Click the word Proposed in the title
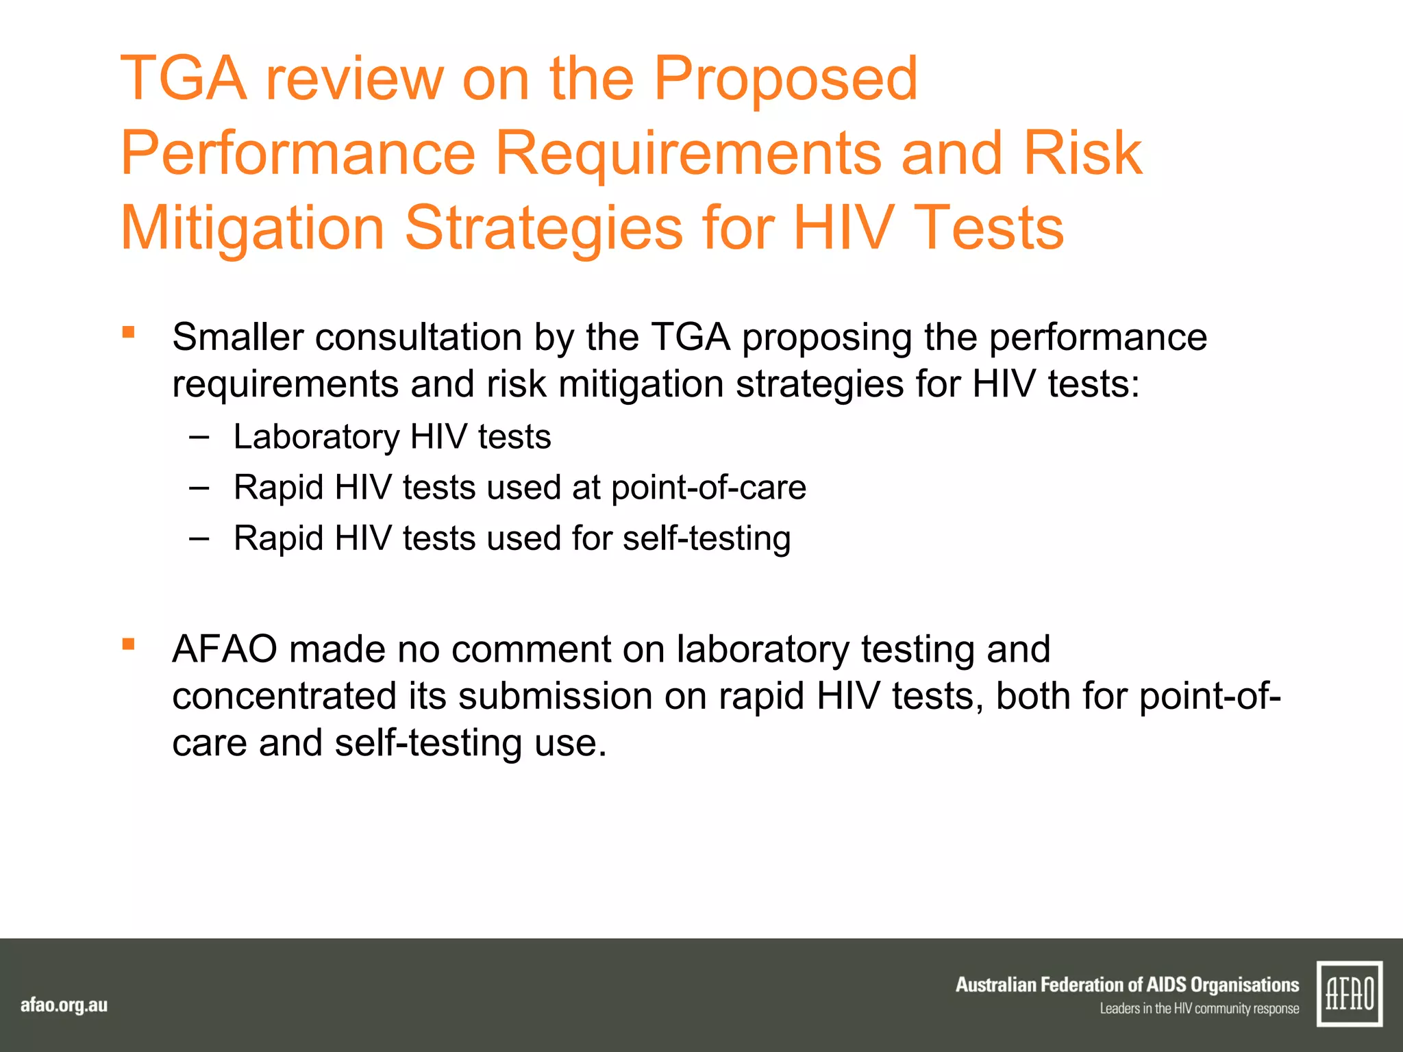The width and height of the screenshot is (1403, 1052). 785,79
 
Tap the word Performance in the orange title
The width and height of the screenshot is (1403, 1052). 298,153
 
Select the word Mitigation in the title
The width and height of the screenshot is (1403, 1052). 252,228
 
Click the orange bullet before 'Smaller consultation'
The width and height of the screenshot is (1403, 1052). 128,333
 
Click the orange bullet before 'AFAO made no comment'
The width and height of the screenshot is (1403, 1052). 128,644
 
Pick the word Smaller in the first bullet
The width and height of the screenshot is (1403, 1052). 238,337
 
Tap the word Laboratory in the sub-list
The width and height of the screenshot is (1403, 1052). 316,437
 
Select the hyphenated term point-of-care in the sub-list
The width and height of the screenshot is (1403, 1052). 708,488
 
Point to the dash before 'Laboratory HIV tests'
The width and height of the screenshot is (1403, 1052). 199,436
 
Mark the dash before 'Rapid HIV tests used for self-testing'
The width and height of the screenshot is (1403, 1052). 199,538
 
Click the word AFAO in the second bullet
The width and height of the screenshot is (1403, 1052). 225,649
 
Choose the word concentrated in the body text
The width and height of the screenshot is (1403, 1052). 284,696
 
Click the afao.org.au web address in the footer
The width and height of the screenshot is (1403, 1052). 64,1005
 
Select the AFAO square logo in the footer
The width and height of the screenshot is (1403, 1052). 1350,993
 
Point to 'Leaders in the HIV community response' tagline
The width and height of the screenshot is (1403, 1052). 1199,1009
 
